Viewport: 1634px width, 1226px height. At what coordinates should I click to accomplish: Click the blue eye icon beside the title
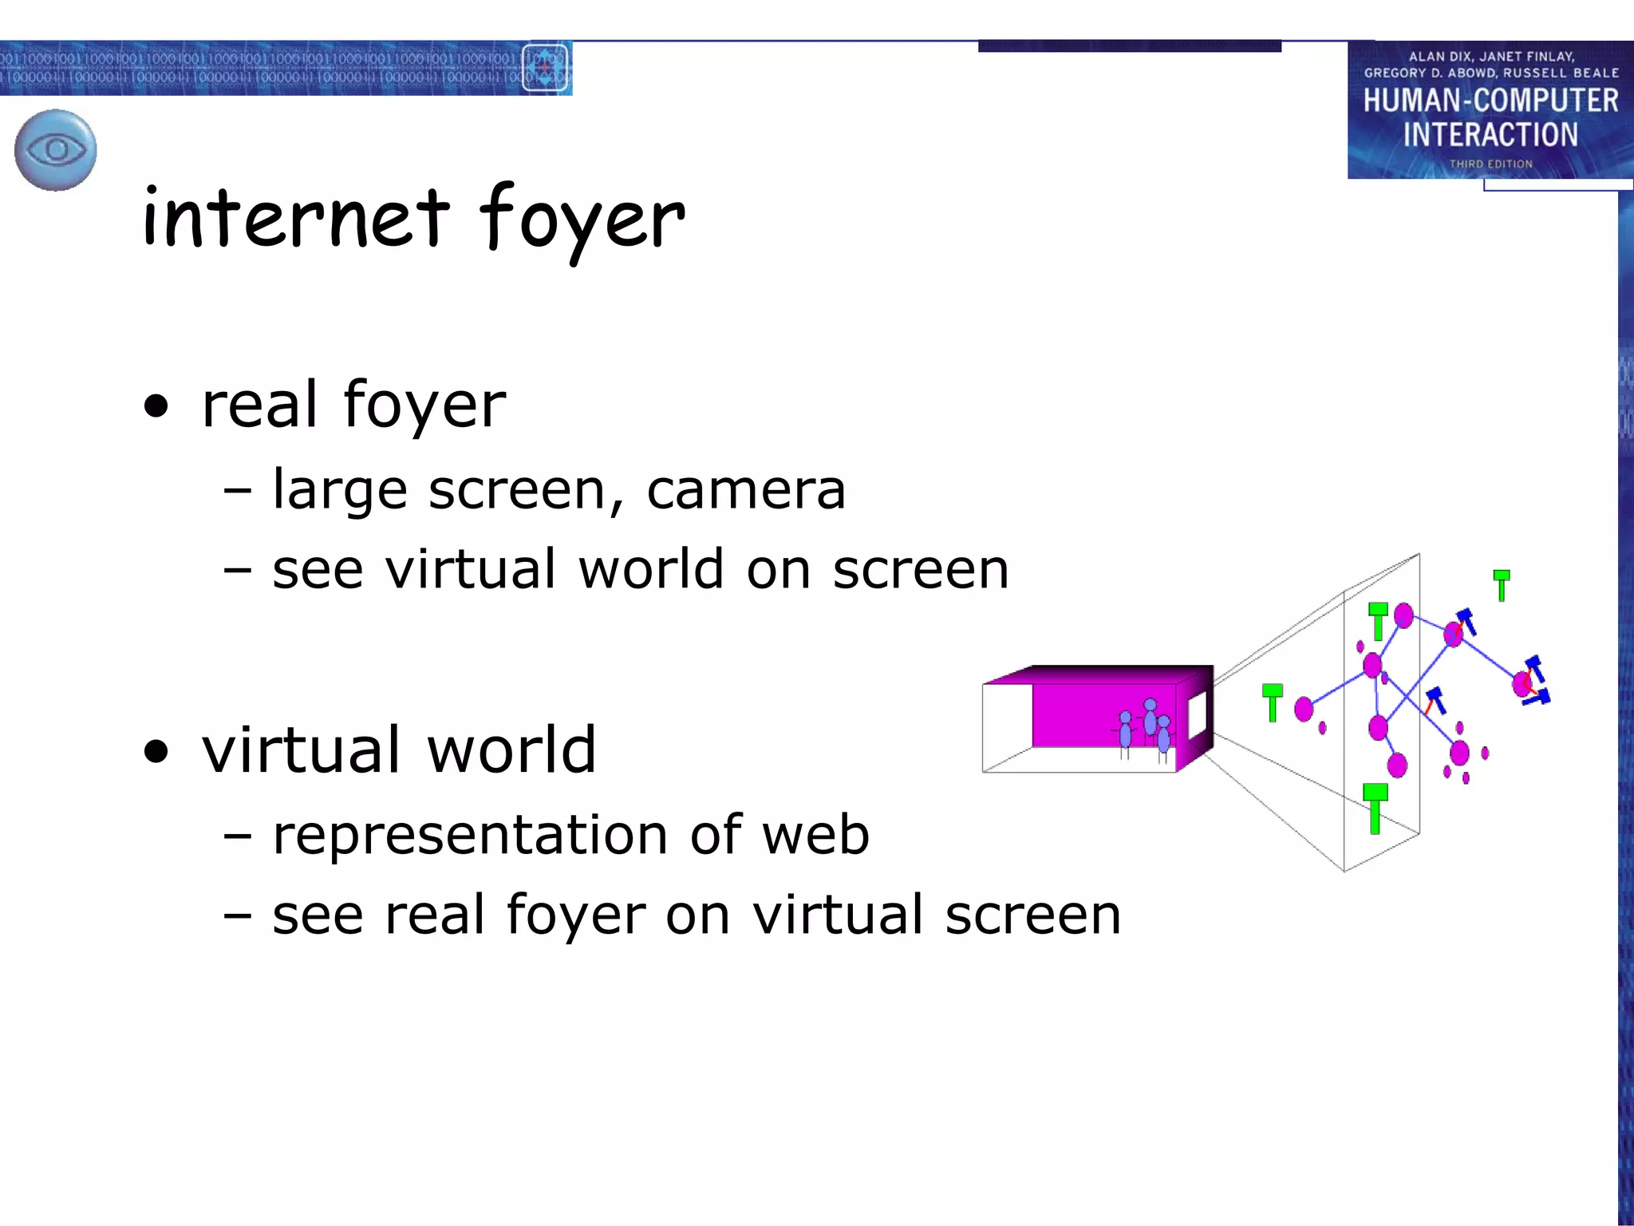click(56, 150)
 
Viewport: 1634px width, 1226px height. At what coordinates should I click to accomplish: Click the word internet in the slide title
click(296, 218)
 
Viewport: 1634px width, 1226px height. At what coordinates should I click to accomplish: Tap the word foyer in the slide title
click(582, 220)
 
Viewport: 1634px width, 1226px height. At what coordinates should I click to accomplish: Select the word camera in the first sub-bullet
click(745, 489)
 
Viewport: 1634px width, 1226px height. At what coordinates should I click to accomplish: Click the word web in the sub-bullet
click(815, 835)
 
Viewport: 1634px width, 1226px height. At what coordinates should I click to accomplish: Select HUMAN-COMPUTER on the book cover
click(1490, 101)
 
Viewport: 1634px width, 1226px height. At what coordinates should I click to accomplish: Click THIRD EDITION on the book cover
click(1490, 164)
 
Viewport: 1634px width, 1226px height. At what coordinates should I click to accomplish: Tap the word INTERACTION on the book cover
click(1490, 134)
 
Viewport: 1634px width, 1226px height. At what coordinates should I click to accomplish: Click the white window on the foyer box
click(1197, 715)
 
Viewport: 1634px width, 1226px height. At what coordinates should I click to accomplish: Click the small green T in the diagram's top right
click(1502, 584)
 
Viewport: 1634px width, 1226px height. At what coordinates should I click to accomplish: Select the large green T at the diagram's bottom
click(1375, 808)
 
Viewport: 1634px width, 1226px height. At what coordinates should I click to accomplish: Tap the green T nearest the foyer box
click(1273, 702)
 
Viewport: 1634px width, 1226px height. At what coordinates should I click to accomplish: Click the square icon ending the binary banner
click(546, 68)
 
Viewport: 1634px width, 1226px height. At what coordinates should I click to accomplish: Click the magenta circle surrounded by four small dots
click(1459, 753)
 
